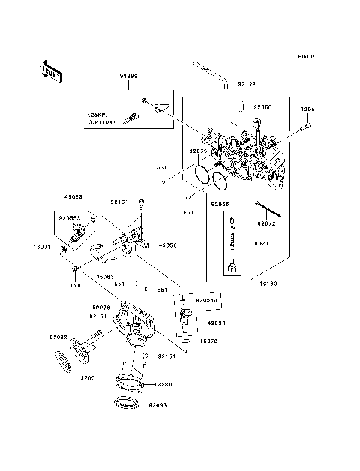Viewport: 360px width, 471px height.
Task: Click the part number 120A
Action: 307,109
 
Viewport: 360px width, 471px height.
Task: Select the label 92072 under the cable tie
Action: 268,223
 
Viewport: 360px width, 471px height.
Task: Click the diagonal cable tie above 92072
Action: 268,208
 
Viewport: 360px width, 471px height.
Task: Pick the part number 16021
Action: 260,244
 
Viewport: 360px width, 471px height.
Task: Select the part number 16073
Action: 41,245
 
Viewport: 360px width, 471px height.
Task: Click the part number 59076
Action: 101,307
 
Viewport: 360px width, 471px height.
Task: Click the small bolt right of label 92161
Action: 141,202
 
